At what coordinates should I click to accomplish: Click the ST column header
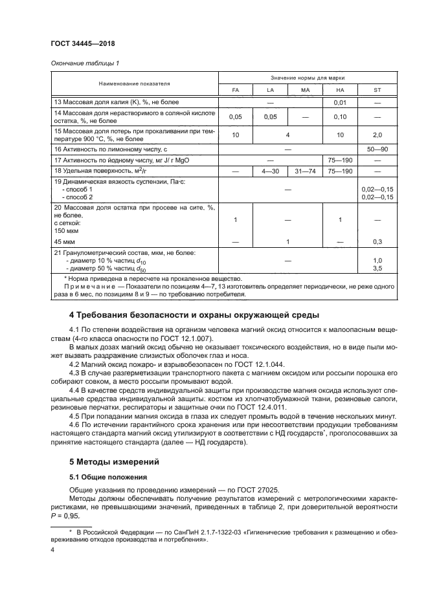377,90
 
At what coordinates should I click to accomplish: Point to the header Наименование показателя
134,83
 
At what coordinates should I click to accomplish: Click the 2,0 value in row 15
377,135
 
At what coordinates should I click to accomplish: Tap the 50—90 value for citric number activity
377,149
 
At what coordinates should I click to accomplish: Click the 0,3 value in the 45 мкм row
377,241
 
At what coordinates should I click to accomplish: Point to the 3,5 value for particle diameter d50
377,267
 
